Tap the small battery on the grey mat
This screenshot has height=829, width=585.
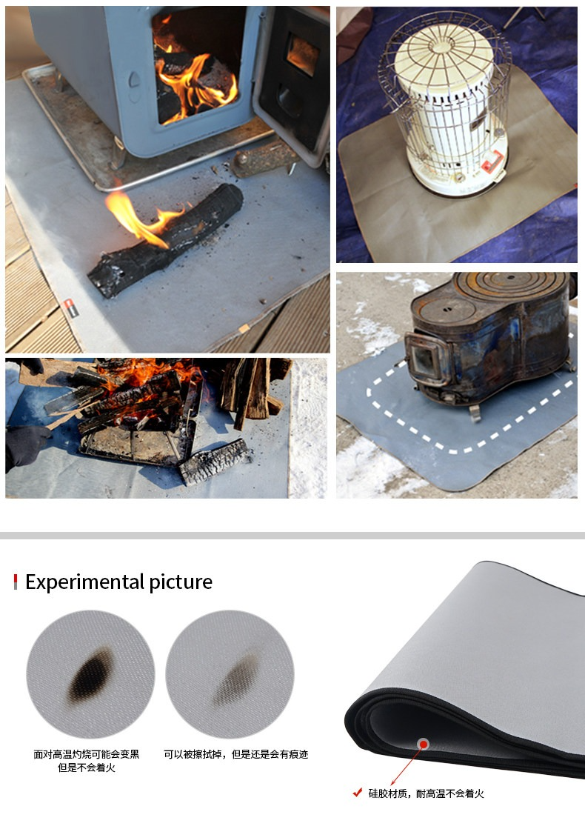pos(70,308)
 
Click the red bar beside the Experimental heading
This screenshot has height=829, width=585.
pos(16,582)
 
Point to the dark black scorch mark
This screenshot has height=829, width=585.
pos(91,675)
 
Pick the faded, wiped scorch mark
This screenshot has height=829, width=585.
pos(237,679)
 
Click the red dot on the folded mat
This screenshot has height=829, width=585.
pos(423,745)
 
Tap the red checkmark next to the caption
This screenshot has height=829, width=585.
pos(358,793)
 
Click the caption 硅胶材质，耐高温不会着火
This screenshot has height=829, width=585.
pos(426,793)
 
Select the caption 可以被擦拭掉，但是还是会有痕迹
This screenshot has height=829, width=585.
pos(235,754)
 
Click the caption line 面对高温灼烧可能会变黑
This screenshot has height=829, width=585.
pos(87,754)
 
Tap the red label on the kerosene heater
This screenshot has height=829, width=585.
pos(492,162)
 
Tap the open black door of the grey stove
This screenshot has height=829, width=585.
pos(292,79)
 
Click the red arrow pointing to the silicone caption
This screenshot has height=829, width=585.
pos(407,765)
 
